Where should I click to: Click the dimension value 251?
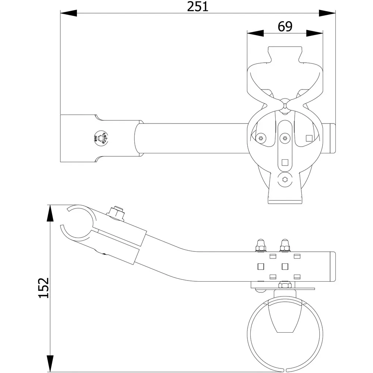198,7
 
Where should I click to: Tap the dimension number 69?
285,26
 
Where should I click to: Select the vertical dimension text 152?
44,288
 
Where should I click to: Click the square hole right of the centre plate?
308,138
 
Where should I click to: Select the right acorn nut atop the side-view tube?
285,245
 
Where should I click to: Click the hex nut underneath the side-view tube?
285,285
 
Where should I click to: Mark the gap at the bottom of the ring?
285,370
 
